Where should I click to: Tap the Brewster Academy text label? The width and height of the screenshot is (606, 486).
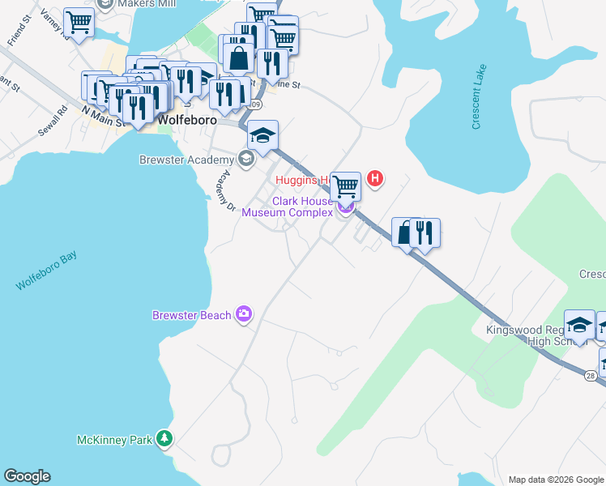click(x=186, y=160)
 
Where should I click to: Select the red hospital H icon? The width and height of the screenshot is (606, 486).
click(x=374, y=178)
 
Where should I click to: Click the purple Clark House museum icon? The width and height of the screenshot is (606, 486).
click(x=346, y=207)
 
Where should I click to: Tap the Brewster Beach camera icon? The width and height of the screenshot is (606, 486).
click(x=243, y=314)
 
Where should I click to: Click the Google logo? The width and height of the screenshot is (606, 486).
click(x=27, y=476)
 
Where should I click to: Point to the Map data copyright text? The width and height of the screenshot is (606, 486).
click(x=556, y=480)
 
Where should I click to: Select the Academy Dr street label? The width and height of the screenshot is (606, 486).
click(x=224, y=191)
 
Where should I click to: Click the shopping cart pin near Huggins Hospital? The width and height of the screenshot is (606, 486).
click(x=346, y=185)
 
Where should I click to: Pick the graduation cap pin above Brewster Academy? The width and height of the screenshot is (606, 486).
click(x=262, y=134)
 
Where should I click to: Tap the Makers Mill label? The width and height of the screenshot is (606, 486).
click(x=149, y=4)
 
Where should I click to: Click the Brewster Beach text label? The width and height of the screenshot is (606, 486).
click(x=192, y=314)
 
